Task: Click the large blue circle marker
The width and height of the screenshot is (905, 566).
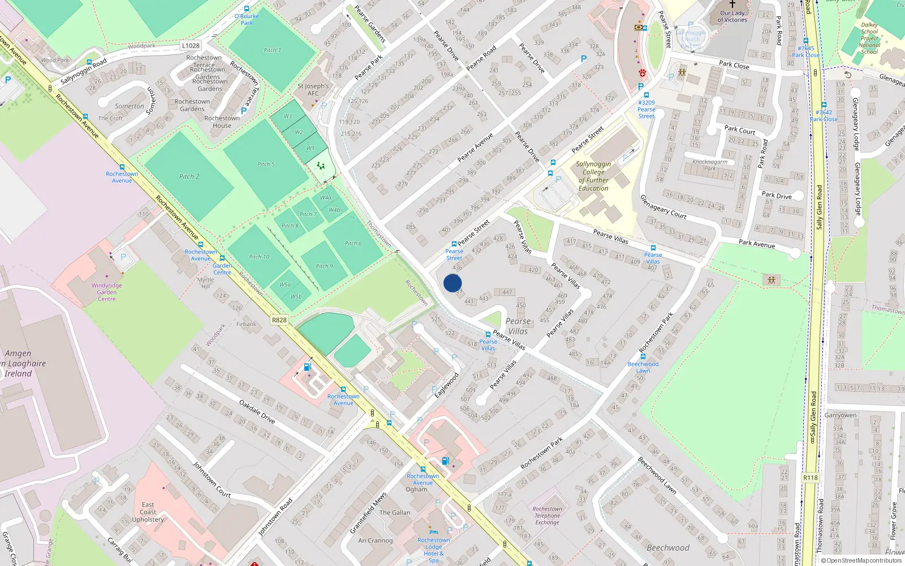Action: (453, 283)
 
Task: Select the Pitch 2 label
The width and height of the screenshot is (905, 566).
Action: (189, 177)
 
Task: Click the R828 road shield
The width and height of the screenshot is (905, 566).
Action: (279, 320)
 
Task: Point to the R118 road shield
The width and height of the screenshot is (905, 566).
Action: (811, 478)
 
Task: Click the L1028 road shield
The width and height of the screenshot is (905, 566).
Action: (191, 45)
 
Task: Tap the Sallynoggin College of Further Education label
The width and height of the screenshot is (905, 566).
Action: (593, 176)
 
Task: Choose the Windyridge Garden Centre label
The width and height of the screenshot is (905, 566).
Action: (107, 292)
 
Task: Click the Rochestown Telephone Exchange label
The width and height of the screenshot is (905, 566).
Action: (547, 516)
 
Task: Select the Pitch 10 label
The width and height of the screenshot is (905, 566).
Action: (259, 257)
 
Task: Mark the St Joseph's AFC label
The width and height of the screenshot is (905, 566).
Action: (313, 90)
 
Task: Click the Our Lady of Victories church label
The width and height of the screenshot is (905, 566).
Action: (732, 16)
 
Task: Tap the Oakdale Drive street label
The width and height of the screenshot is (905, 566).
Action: (257, 411)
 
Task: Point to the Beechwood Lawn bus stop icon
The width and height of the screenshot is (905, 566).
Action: (643, 357)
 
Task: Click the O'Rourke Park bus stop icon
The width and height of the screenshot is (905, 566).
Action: (247, 8)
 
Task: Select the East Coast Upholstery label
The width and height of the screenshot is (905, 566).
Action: (148, 512)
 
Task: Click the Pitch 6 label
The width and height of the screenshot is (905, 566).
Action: (353, 243)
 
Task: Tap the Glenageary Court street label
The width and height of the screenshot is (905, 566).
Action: (663, 207)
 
